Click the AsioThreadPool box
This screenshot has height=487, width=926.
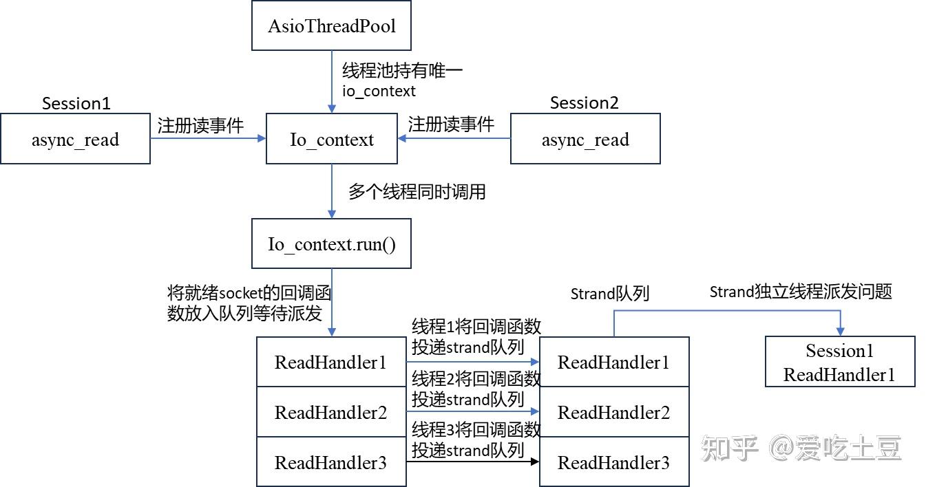tap(331, 26)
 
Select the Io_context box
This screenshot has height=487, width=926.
tap(331, 140)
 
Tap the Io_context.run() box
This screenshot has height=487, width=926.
tap(331, 244)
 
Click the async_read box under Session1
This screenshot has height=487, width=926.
tap(75, 140)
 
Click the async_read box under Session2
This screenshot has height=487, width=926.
tap(585, 140)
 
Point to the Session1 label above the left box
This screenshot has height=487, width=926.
tap(76, 104)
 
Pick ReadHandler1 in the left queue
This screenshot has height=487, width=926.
tap(330, 362)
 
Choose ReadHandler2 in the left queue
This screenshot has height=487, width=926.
tap(330, 412)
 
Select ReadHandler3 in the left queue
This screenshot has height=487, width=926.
tap(330, 462)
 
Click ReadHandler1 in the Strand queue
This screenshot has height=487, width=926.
tap(613, 362)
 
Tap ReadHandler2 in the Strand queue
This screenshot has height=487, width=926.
tap(613, 412)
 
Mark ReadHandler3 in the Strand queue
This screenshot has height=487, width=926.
tap(613, 462)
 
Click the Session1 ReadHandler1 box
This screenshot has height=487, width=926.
tap(839, 362)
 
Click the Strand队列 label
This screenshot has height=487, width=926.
tap(610, 294)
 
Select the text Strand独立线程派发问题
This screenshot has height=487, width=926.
tap(801, 292)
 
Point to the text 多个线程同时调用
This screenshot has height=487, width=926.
tap(417, 192)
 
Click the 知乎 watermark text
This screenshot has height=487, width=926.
tap(729, 448)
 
